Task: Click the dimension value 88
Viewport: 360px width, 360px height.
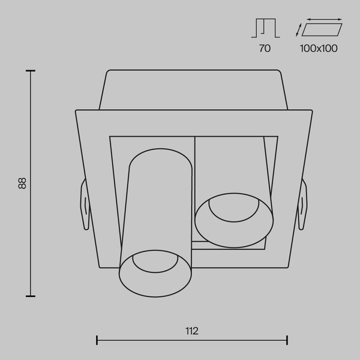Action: pos(22,183)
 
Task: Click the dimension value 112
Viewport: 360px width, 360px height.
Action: pos(192,331)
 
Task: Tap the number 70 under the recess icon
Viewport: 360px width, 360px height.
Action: pos(265,48)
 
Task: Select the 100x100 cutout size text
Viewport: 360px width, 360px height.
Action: pos(319,48)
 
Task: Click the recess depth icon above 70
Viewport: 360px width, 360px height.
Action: pos(265,28)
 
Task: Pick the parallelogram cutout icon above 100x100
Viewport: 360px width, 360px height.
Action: pos(322,29)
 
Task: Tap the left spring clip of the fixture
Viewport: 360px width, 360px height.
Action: pos(85,205)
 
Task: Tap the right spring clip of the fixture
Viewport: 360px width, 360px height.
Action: pos(302,205)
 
